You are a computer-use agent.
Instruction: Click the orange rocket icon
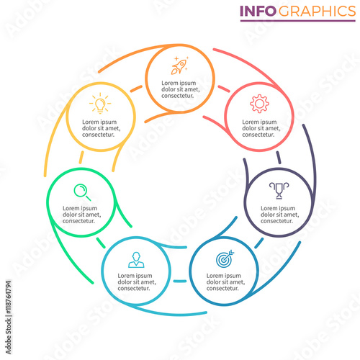click(x=180, y=66)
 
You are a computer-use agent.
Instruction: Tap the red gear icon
click(x=259, y=104)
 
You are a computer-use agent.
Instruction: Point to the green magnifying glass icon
click(x=82, y=192)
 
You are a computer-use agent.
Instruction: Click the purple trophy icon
click(x=279, y=191)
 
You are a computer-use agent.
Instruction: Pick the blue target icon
click(x=225, y=259)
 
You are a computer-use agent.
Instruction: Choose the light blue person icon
click(x=136, y=260)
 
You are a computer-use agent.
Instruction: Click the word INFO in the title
click(x=258, y=11)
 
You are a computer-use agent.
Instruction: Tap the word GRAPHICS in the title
click(x=317, y=11)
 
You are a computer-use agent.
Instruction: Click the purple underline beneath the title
click(x=298, y=21)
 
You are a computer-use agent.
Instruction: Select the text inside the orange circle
click(x=181, y=89)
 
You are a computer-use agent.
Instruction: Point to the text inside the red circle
click(x=261, y=128)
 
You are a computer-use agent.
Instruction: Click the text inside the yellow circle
click(x=102, y=128)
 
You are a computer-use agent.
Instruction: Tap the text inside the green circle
click(x=81, y=215)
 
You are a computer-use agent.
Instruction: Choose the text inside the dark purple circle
click(x=280, y=215)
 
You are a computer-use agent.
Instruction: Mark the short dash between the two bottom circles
click(x=180, y=281)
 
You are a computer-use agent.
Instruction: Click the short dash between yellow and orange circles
click(x=136, y=89)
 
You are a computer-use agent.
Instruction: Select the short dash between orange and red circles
click(x=224, y=89)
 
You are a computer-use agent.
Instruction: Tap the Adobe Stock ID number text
click(x=8, y=297)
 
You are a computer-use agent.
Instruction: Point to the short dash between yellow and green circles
click(x=81, y=157)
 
